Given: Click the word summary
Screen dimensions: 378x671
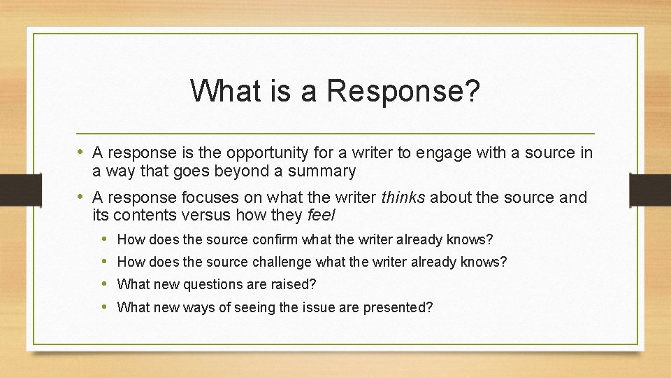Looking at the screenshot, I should click(322, 171).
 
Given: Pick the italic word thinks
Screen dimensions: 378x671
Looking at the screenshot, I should click(403, 197).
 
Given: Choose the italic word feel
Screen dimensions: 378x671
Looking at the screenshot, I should click(321, 215).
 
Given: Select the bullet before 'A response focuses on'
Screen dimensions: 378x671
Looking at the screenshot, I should click(81, 197).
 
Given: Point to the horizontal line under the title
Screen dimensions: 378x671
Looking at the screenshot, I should click(335, 133).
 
